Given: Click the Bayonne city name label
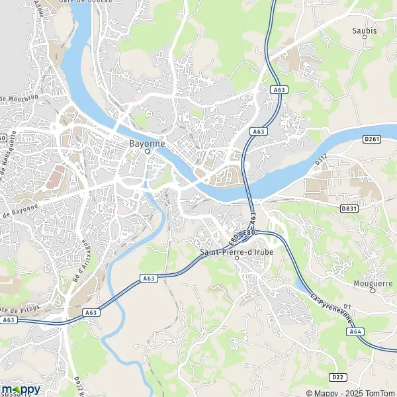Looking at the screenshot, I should (x=147, y=142).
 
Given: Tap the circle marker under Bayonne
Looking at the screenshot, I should (x=147, y=151).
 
